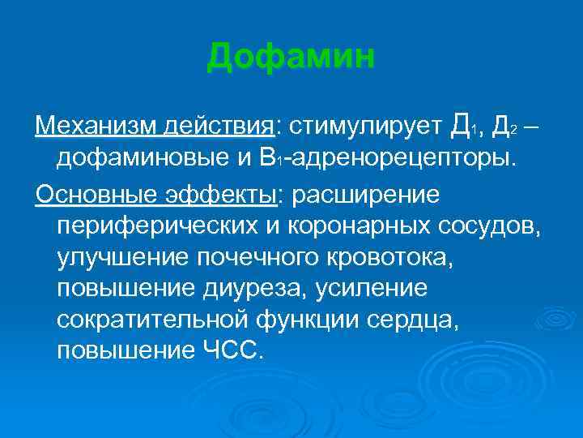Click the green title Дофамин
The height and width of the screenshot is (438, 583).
click(291, 58)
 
